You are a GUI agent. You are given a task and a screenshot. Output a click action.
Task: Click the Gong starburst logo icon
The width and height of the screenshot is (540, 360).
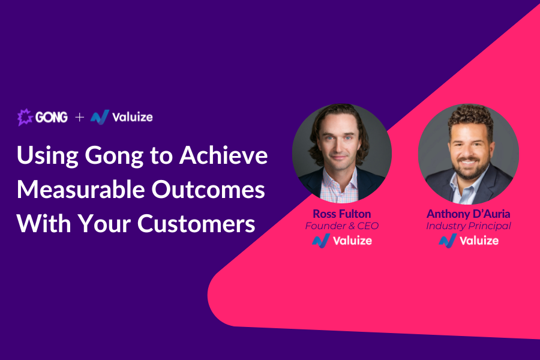coord(25,117)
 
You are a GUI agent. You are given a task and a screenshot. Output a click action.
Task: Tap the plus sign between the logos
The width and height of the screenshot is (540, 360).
coord(80,117)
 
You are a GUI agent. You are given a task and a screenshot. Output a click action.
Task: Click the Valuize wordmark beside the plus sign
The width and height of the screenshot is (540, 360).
coord(133,117)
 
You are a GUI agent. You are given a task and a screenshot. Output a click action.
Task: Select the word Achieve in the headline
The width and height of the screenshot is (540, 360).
coord(224,155)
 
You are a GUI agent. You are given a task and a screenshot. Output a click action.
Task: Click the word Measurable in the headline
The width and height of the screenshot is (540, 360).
coord(81,190)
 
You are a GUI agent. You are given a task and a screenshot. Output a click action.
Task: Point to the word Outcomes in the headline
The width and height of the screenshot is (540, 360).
coord(208,190)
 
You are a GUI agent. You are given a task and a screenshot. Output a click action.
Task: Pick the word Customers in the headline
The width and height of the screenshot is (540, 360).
coord(196,224)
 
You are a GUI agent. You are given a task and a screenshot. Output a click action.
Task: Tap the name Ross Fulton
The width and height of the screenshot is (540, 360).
coord(342,214)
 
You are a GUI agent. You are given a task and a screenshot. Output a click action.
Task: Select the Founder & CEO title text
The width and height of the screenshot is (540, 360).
coord(342,226)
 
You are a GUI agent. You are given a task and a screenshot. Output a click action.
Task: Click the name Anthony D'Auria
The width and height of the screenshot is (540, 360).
coord(469,214)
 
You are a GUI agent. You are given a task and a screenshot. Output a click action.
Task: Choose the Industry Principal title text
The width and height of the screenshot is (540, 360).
coord(469,226)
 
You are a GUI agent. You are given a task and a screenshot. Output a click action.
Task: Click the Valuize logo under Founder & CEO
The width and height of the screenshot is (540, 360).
coord(342,241)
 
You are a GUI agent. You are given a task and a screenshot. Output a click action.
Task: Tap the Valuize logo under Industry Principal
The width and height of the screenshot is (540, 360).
coord(469,241)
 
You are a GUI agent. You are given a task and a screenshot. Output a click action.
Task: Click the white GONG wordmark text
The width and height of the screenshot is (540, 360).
coord(52,118)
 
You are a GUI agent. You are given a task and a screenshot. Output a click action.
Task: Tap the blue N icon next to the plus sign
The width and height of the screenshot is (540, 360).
coord(100,117)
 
